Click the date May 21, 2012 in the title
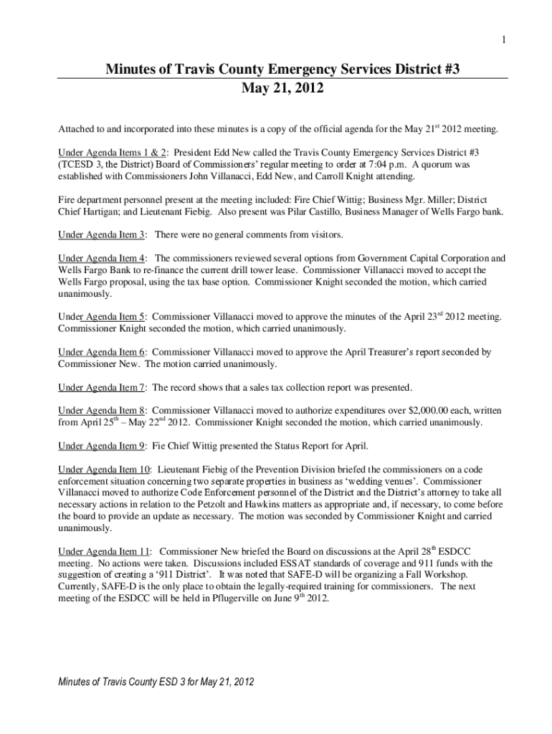point(282,90)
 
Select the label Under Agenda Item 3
point(102,234)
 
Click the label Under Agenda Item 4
point(102,258)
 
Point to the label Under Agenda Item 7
point(102,388)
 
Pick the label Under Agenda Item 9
point(102,446)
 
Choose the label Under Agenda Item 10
point(105,470)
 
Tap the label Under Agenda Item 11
point(105,552)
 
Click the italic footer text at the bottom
point(156,680)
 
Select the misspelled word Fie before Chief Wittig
point(160,446)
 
